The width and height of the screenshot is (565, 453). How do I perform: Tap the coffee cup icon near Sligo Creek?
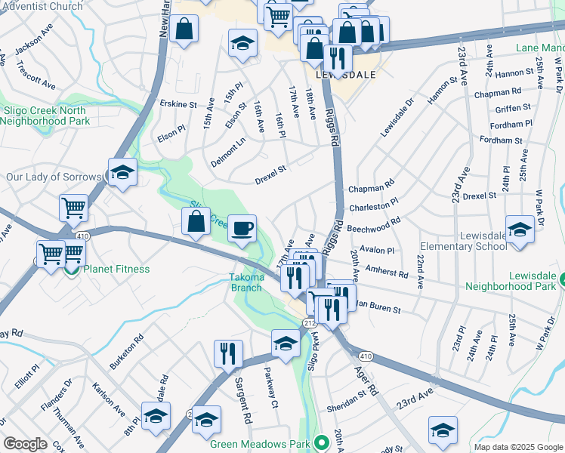click(242, 229)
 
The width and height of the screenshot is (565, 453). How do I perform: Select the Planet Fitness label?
click(116, 269)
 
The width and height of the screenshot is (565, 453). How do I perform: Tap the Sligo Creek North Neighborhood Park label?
click(47, 116)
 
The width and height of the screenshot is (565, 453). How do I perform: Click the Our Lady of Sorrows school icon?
click(122, 174)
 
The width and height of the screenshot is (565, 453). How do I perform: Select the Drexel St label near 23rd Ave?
click(480, 196)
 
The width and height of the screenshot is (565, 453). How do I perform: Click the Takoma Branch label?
click(246, 282)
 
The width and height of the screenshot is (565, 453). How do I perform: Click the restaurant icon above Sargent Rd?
click(228, 353)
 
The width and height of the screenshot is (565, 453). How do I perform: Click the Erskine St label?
click(178, 103)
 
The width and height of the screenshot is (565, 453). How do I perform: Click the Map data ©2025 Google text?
click(517, 447)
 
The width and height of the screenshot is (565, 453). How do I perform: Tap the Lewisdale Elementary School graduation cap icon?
click(520, 229)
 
